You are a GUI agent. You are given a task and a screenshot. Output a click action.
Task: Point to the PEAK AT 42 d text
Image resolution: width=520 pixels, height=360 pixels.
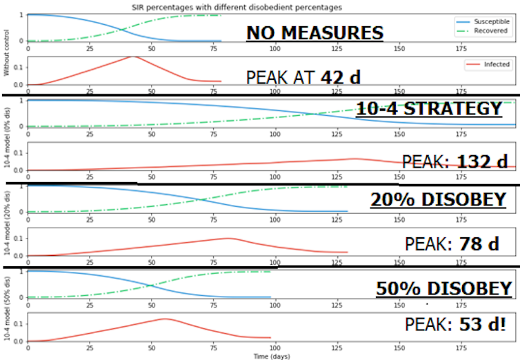(303, 77)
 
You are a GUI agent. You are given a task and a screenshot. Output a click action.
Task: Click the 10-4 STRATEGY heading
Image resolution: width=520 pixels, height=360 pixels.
(429, 110)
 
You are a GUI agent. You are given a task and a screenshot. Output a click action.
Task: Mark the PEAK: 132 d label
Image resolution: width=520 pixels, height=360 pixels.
(455, 161)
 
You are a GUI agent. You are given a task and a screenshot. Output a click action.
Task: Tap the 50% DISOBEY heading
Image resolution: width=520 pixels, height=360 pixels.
(443, 288)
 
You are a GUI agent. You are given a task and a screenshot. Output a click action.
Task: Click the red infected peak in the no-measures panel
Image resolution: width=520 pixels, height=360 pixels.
(132, 57)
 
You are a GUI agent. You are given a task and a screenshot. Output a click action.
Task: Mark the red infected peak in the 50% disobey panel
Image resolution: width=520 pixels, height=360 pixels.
(163, 319)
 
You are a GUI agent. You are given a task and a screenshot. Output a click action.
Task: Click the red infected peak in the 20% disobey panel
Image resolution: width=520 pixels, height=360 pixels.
(228, 239)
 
